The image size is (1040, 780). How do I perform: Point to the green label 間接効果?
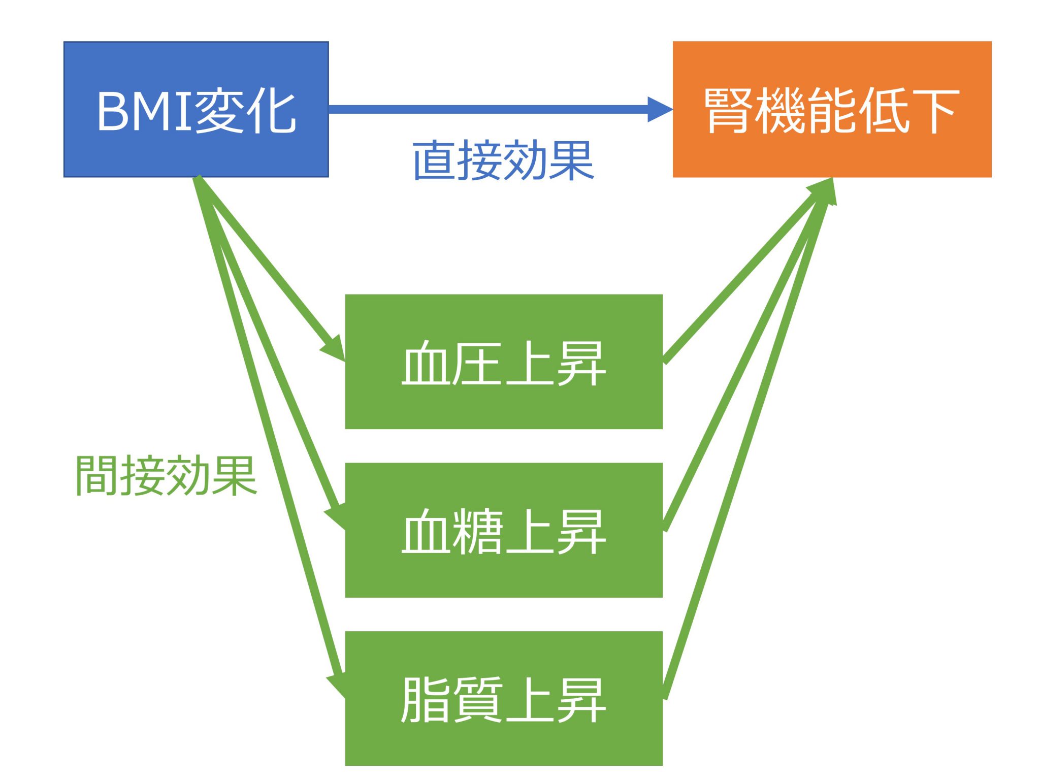coord(166,476)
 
